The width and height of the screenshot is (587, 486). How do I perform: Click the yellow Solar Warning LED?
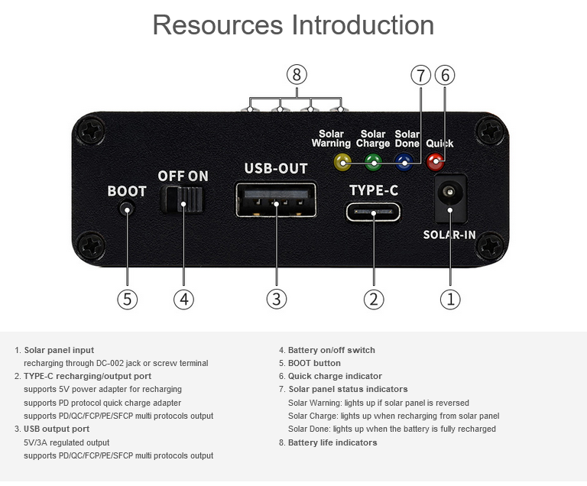[342, 162]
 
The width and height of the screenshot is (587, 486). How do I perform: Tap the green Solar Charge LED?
[373, 162]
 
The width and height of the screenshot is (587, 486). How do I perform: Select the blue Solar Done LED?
[404, 162]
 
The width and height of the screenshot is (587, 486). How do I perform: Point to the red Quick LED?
[436, 162]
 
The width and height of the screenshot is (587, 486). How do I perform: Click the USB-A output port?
[276, 199]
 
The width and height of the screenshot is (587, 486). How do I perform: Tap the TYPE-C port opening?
[373, 212]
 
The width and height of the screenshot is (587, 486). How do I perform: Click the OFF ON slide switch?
[183, 199]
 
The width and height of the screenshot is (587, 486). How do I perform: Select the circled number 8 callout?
[297, 75]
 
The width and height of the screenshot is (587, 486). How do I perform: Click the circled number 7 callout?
[421, 75]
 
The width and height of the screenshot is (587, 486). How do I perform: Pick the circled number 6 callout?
[445, 75]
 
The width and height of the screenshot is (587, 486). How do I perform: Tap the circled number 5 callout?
[128, 300]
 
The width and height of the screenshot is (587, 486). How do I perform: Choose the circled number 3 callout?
[276, 299]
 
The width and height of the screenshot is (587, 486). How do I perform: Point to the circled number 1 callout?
[450, 300]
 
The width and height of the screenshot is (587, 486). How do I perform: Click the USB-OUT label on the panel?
[276, 168]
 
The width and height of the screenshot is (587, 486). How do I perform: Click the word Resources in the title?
[218, 25]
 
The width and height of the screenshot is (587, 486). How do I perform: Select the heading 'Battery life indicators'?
[332, 442]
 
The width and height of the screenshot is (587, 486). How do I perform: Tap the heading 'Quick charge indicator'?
[335, 376]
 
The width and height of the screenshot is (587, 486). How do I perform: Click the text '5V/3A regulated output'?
[66, 442]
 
